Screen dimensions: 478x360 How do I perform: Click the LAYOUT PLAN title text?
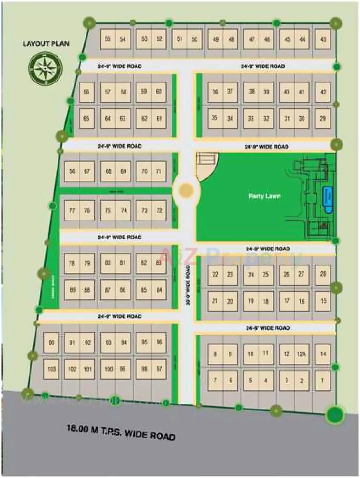click(46, 44)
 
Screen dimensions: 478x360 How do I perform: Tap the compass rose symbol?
click(45, 68)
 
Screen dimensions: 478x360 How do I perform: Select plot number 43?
click(323, 39)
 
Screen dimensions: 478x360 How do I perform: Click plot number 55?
click(108, 39)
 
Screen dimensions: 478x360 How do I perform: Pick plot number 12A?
click(301, 354)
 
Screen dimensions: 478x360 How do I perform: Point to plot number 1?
click(322, 380)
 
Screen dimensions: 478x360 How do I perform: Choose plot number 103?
click(52, 369)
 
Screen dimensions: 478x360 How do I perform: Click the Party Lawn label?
click(264, 196)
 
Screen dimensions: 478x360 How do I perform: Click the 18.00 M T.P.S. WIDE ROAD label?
click(121, 432)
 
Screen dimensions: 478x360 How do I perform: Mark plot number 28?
click(323, 274)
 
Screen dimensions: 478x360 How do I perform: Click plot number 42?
click(323, 92)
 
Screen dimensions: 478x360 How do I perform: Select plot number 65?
click(86, 119)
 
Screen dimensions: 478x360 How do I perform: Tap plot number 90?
click(52, 343)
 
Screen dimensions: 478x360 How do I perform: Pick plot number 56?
click(86, 92)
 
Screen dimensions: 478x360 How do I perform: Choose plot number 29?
click(323, 119)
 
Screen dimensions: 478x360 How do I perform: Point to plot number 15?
click(323, 301)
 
